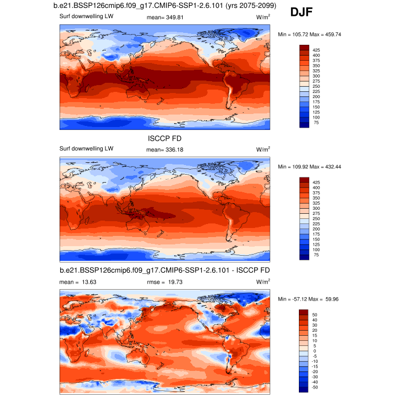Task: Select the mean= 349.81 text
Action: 165,17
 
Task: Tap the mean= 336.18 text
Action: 165,149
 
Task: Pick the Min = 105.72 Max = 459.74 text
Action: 309,35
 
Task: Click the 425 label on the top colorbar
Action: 317,50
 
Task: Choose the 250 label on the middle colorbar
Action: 317,218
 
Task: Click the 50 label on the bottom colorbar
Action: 315,314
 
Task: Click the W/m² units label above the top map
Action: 263,17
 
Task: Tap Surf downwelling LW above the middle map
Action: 86,149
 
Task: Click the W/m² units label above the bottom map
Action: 263,281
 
